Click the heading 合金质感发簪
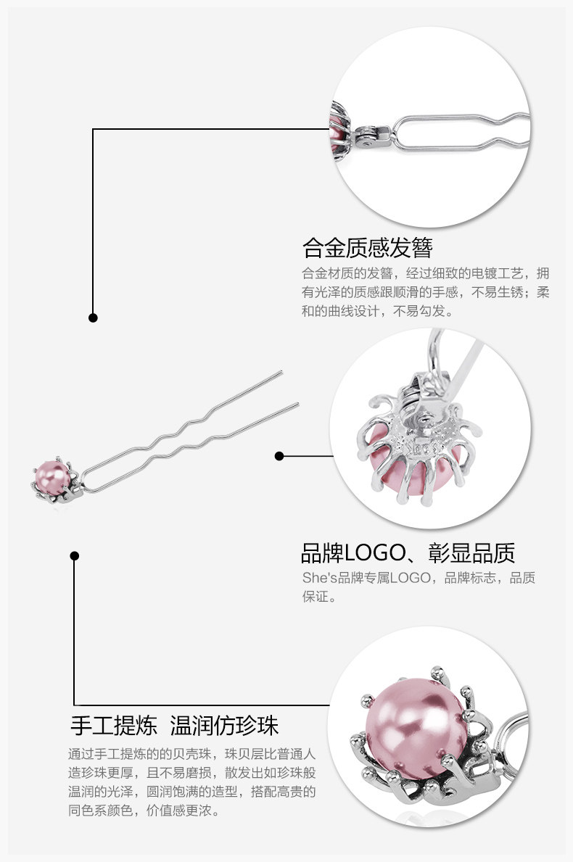367,248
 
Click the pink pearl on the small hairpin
53,475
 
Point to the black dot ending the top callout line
93,318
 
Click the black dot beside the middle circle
279,456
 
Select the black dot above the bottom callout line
74,556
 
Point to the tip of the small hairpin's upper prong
280,373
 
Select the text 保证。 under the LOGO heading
319,597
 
